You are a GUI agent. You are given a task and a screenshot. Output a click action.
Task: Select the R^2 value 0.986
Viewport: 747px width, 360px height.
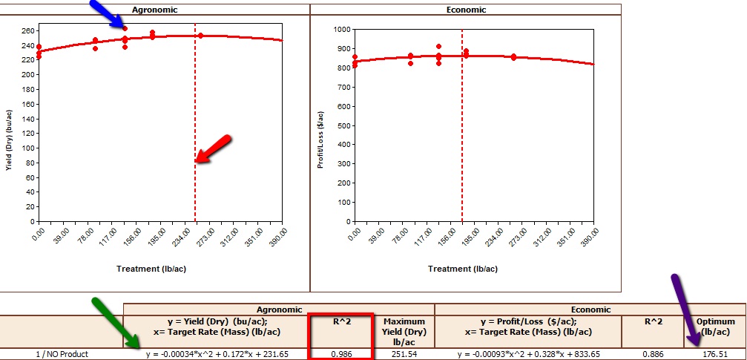tap(340, 354)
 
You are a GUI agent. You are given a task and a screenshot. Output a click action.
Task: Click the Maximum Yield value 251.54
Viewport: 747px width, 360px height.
tap(404, 354)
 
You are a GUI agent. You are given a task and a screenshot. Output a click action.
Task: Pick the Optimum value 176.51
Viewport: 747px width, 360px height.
tap(714, 354)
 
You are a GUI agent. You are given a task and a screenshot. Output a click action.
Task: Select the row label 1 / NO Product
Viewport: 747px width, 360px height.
tap(62, 354)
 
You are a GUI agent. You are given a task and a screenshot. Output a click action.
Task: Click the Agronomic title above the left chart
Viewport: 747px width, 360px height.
tap(154, 10)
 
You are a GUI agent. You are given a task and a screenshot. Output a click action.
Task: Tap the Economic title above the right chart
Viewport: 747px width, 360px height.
tap(467, 10)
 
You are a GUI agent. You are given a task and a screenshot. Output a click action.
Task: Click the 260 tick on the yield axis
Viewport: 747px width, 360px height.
tap(27, 31)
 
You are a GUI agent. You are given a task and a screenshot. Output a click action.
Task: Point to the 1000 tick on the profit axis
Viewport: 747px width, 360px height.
tap(340, 30)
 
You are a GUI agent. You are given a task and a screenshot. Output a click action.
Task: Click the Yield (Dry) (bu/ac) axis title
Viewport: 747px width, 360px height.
tap(9, 141)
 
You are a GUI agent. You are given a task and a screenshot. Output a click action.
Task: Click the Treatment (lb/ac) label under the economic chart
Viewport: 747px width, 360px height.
tap(466, 267)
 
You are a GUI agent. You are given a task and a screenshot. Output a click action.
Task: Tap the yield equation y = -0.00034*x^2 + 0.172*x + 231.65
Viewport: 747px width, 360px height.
tap(216, 354)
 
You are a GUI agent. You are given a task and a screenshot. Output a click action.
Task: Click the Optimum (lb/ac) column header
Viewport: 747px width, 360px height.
tap(715, 327)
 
